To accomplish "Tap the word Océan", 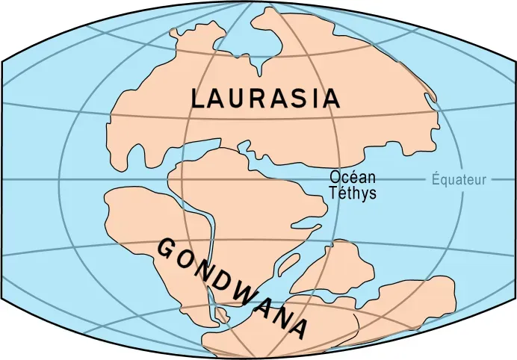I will tap(353, 179).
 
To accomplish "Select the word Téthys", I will tap(353, 193).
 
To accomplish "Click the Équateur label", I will tap(459, 179).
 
